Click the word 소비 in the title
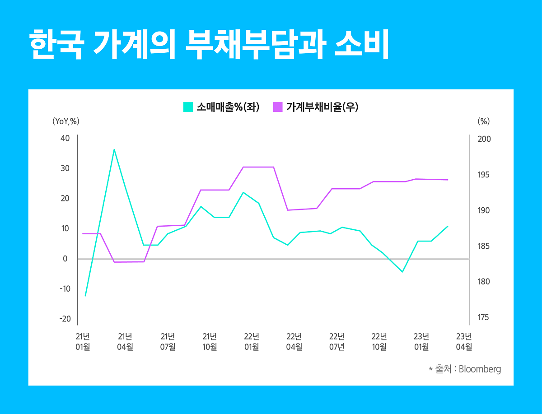(x=362, y=46)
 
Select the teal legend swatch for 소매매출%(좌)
(x=188, y=107)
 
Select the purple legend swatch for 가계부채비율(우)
(x=278, y=107)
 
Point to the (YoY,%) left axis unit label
(x=66, y=121)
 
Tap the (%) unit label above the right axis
(x=483, y=121)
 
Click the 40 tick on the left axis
(x=65, y=138)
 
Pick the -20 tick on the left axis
(x=65, y=319)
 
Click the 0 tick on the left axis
(x=65, y=259)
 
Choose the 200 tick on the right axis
(x=484, y=139)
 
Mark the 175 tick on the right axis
(x=484, y=318)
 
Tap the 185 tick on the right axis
(x=484, y=247)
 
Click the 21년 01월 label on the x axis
(x=83, y=341)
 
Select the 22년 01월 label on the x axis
(x=252, y=341)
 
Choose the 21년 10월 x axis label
(x=210, y=341)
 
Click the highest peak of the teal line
(x=114, y=149)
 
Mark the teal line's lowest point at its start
(x=85, y=296)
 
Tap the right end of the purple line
(x=448, y=180)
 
